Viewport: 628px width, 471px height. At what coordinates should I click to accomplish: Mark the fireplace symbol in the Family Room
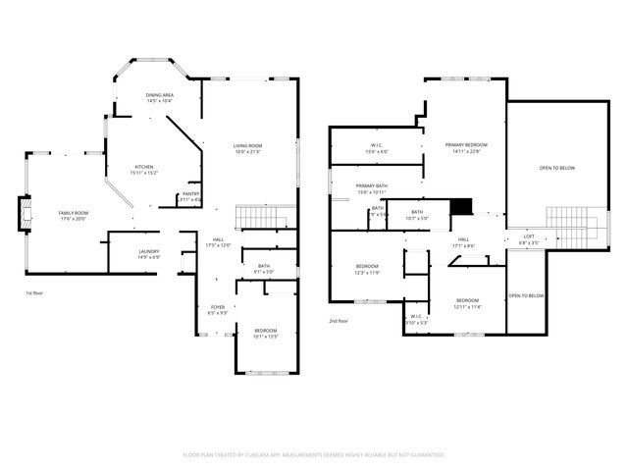point(25,214)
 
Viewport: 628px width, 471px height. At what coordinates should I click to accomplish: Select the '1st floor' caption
point(34,292)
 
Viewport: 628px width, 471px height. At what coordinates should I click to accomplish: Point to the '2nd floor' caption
point(338,321)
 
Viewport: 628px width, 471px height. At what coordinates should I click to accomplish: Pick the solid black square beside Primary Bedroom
point(461,206)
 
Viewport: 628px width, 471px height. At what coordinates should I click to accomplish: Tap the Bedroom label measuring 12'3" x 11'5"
point(367,269)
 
